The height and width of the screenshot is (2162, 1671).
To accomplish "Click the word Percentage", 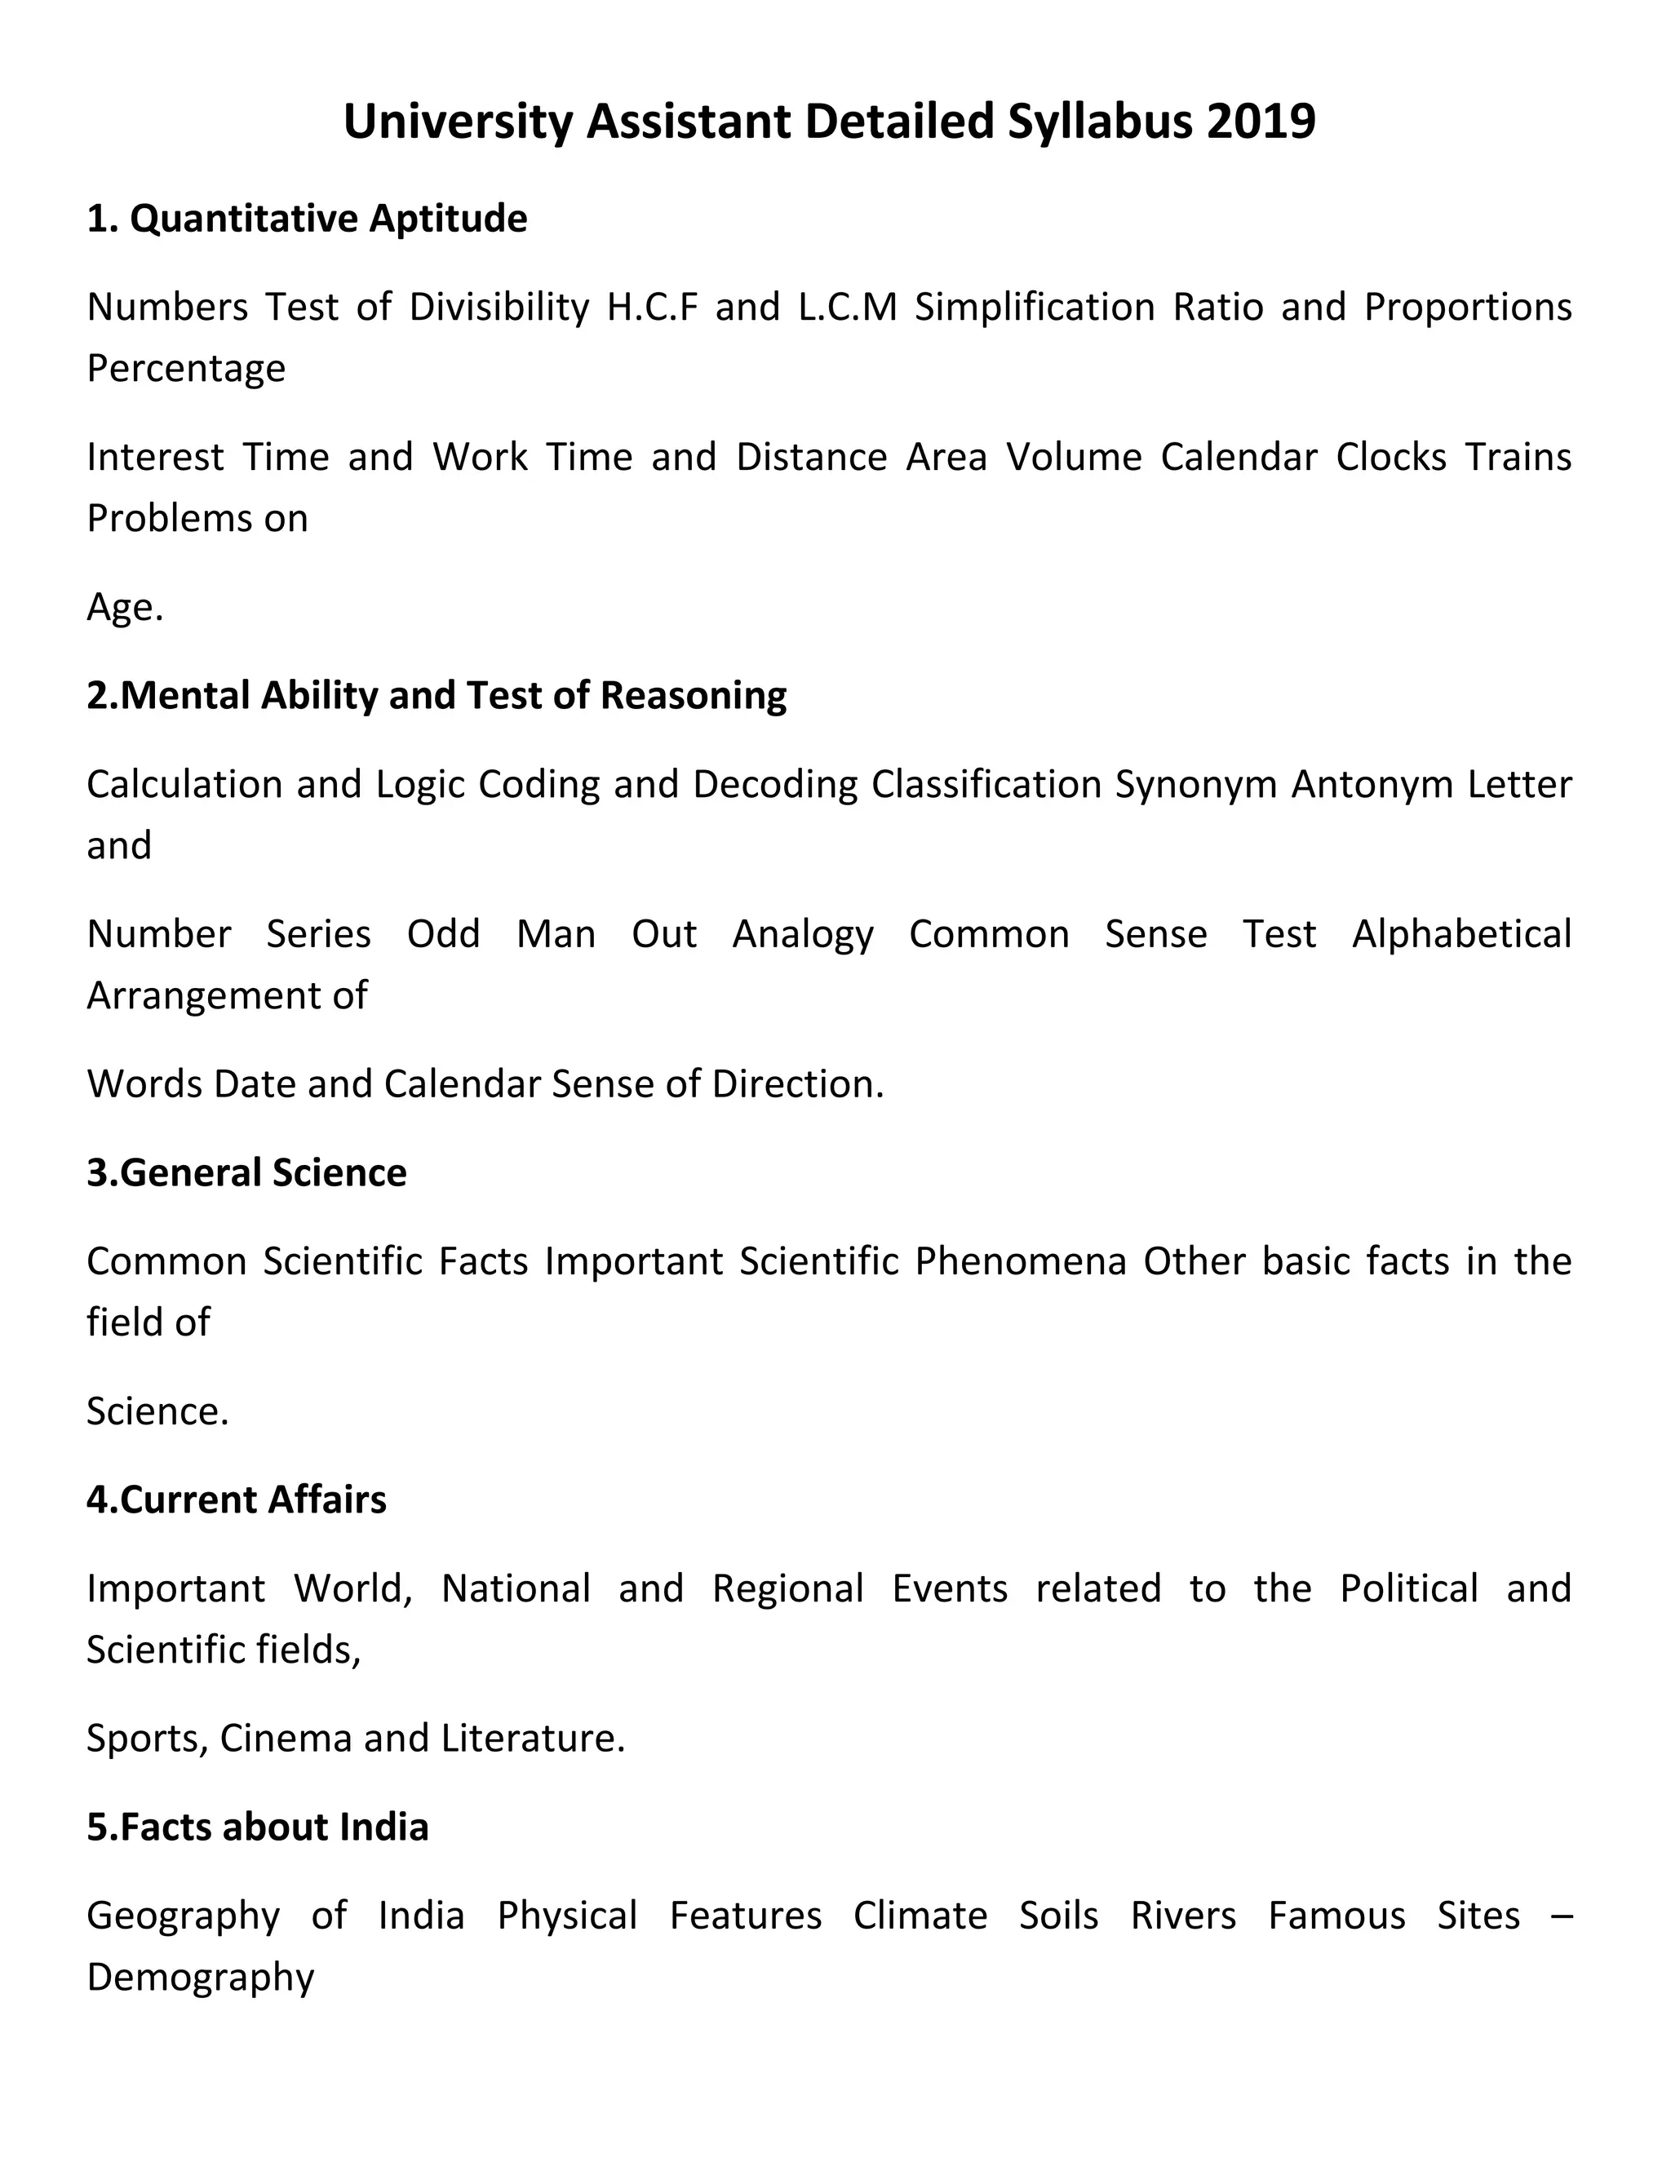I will (186, 368).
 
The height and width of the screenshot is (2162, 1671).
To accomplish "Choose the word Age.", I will (124, 607).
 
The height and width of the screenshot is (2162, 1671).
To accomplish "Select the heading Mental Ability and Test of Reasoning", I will (436, 695).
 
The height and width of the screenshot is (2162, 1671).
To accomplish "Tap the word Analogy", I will (803, 933).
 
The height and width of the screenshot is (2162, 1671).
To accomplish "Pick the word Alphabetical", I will (1461, 933).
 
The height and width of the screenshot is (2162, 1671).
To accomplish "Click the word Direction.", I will (797, 1084).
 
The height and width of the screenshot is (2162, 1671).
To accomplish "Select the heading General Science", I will (246, 1172).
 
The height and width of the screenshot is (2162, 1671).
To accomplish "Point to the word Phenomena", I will (1020, 1261).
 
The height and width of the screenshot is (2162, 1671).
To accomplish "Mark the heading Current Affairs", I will (237, 1500).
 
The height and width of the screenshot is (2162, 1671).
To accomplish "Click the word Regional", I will (788, 1588).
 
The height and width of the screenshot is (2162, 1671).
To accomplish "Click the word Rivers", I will (1183, 1916).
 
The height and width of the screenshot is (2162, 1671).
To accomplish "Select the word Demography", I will (200, 1977).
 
